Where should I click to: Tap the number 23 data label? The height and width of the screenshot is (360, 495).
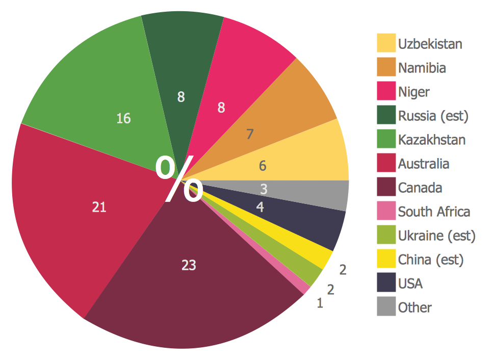pyautogui.click(x=189, y=265)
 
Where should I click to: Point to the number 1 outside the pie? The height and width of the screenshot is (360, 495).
pyautogui.click(x=320, y=304)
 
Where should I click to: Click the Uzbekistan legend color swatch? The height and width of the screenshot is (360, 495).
pyautogui.click(x=386, y=43)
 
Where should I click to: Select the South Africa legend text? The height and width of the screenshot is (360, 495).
pyautogui.click(x=434, y=212)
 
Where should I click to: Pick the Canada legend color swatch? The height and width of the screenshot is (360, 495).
pyautogui.click(x=386, y=187)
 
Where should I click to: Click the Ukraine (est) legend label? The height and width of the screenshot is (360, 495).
pyautogui.click(x=436, y=236)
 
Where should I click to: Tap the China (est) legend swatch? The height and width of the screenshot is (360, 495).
pyautogui.click(x=386, y=259)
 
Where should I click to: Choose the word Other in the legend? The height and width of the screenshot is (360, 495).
pyautogui.click(x=414, y=307)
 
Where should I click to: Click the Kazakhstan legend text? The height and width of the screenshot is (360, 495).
pyautogui.click(x=431, y=139)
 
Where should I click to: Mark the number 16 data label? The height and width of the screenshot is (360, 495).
pyautogui.click(x=123, y=119)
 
